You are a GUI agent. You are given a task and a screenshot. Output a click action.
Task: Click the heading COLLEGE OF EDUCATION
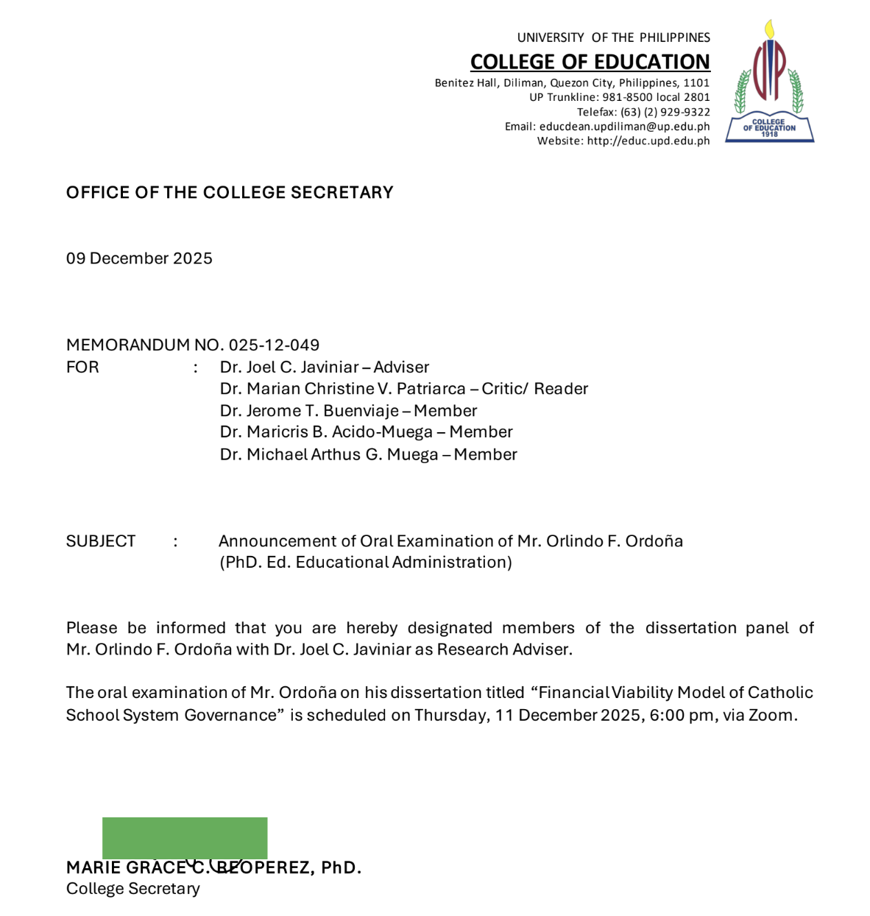590,62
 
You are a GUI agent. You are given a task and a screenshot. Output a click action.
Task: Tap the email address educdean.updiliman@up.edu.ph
624,127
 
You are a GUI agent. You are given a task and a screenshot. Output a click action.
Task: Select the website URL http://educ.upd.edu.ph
648,141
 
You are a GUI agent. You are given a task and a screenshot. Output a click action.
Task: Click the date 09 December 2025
139,258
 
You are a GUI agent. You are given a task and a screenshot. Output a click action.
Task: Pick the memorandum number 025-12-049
274,345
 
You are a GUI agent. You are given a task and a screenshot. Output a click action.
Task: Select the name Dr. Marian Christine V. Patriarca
342,389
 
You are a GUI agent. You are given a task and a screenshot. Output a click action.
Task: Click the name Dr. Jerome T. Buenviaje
309,411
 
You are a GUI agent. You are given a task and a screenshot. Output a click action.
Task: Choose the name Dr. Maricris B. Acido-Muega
326,432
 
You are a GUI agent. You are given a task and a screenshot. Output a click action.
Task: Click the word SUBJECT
101,541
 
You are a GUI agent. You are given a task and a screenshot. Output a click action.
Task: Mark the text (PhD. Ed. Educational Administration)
365,563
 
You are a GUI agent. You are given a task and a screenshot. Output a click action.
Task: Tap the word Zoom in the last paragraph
771,715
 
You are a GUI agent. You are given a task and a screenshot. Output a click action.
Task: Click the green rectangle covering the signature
185,837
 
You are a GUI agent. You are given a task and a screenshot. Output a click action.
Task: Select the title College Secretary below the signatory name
133,889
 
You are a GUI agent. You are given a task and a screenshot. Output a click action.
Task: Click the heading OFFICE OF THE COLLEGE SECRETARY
230,193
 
